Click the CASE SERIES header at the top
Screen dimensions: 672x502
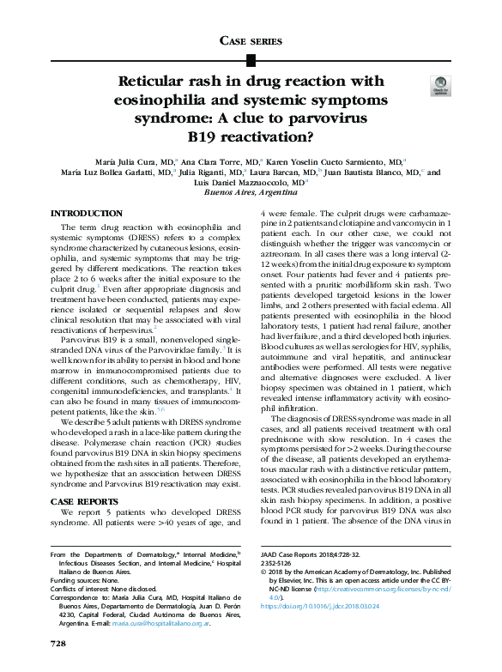click(x=251, y=41)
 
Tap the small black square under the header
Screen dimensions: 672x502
click(x=251, y=60)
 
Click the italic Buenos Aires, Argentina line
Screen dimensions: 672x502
click(x=251, y=194)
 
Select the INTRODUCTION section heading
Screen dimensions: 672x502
click(x=87, y=214)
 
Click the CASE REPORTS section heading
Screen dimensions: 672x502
click(x=86, y=500)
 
